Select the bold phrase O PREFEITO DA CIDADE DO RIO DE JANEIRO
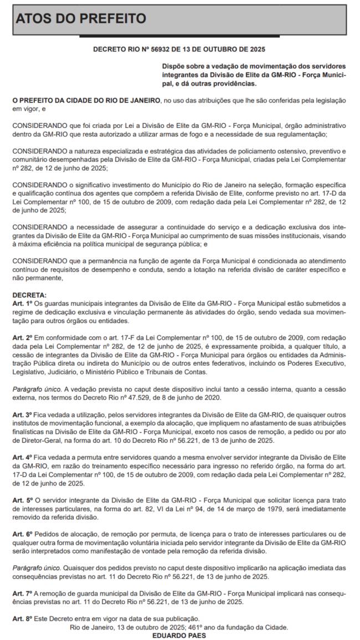[86, 101]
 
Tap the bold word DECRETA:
[29, 296]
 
